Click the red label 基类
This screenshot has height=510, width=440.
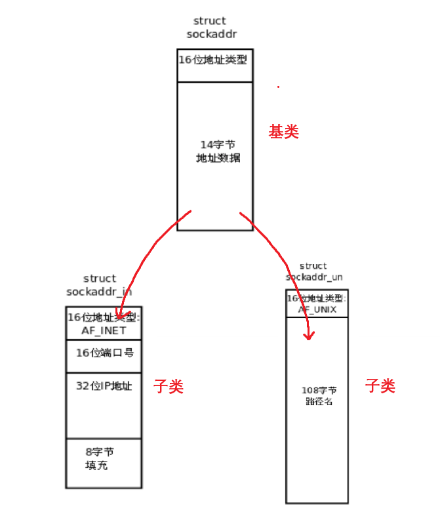point(283,132)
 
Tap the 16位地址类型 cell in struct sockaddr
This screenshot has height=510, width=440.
point(214,60)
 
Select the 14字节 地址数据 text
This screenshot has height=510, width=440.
point(218,151)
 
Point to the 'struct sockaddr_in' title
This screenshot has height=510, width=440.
point(99,285)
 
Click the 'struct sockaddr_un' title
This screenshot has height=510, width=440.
point(313,271)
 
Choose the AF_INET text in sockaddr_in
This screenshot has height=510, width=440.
point(104,330)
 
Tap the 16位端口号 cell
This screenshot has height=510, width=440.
point(105,353)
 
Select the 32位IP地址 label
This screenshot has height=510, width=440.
point(104,386)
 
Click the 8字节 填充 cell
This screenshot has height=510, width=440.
point(100,459)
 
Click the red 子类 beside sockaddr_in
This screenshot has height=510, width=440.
point(169,387)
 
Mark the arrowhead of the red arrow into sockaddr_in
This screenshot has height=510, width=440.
point(120,315)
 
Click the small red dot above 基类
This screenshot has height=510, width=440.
point(278,86)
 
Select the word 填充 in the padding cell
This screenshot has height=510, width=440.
point(96,466)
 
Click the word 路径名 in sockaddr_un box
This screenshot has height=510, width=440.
point(319,402)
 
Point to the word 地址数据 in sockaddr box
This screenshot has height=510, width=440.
point(218,158)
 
